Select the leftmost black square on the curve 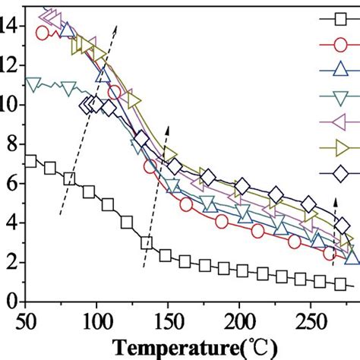coord(30,161)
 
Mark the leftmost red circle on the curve coord(42,33)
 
